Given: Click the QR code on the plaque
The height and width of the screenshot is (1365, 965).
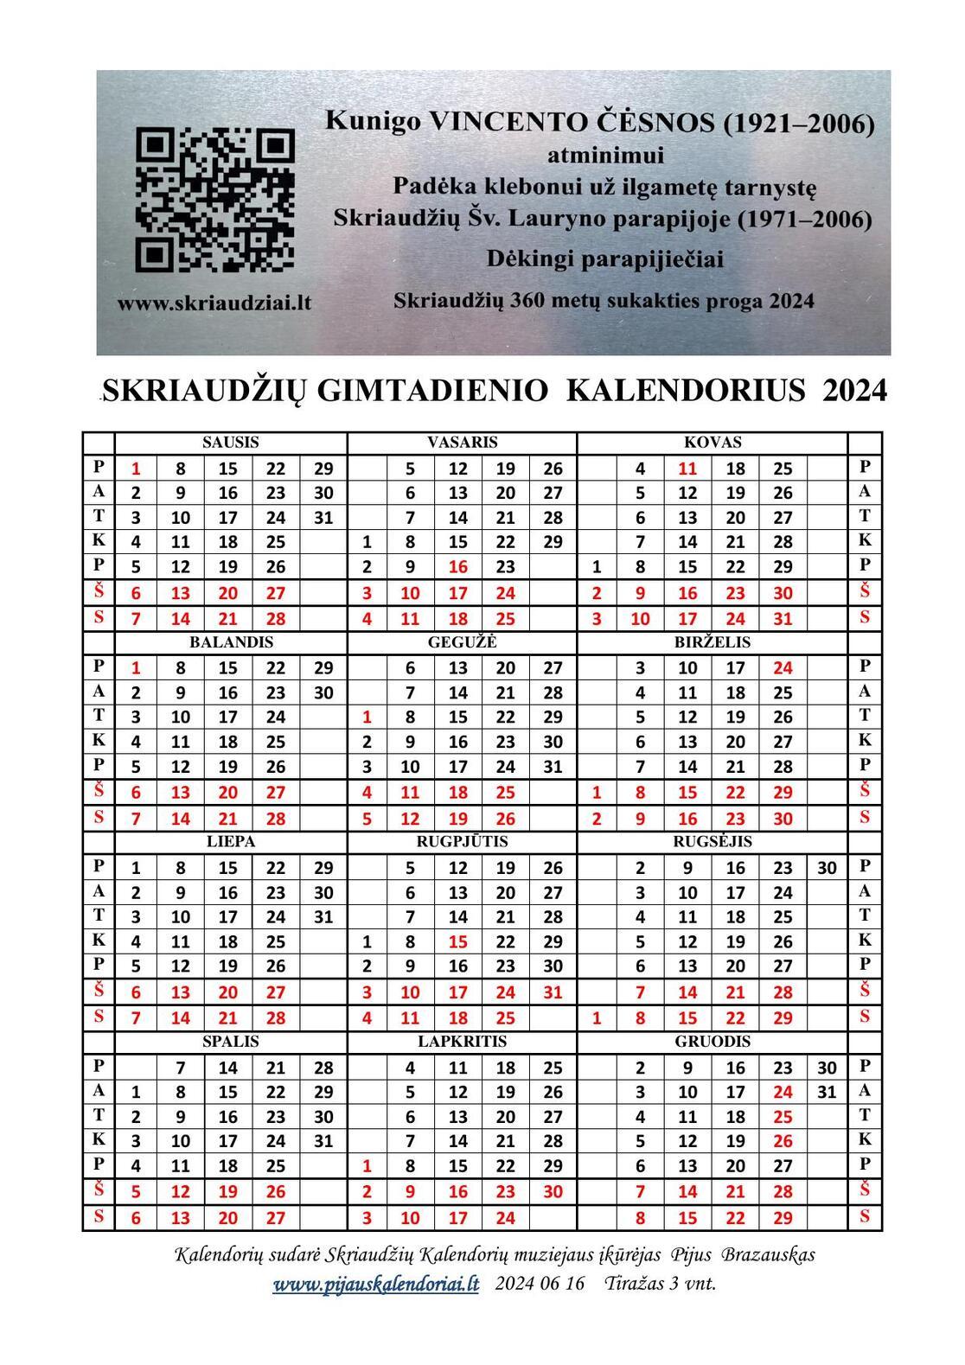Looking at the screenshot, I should [x=215, y=200].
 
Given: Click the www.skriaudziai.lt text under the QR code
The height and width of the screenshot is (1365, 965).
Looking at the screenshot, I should [x=214, y=303].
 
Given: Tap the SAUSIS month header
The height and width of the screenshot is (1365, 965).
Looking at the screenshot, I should [x=231, y=443].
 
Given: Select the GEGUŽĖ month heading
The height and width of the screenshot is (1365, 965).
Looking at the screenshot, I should [x=462, y=642].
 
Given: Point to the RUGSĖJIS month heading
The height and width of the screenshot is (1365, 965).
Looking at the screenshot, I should [x=713, y=842].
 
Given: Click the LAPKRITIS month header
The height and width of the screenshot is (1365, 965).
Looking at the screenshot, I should [x=462, y=1042].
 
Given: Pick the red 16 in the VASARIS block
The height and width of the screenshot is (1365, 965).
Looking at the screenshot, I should [x=458, y=568].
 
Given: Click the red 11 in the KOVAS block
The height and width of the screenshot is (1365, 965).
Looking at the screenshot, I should [x=687, y=469].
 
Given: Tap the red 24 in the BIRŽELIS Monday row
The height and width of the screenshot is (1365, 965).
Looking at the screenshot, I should [x=783, y=668].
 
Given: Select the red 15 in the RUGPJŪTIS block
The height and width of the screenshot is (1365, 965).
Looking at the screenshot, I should [x=458, y=941].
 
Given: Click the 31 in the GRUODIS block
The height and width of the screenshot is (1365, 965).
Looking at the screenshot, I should [x=827, y=1092].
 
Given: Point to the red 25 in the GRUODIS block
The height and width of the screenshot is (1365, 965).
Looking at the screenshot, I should [x=783, y=1117].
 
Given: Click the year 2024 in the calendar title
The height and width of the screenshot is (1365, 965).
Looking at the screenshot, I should [x=854, y=391].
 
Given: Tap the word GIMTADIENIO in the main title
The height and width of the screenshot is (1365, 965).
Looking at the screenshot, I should [x=432, y=391].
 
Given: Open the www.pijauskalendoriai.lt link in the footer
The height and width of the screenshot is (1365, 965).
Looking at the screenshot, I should [x=375, y=1284].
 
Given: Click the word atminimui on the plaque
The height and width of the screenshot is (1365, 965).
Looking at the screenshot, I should [x=605, y=156].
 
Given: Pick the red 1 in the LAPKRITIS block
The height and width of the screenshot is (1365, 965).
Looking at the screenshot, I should [x=367, y=1166].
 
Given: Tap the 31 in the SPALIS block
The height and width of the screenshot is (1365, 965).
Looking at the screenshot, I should [x=323, y=1141].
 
